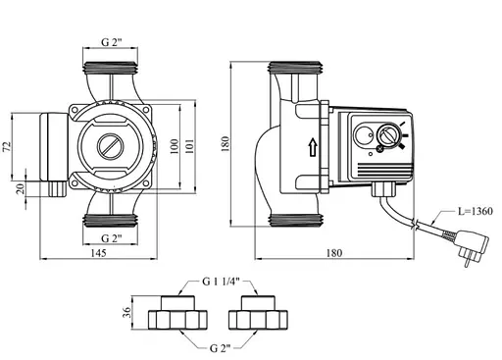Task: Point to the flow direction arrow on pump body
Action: click(313, 147)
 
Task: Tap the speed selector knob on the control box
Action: click(384, 136)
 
